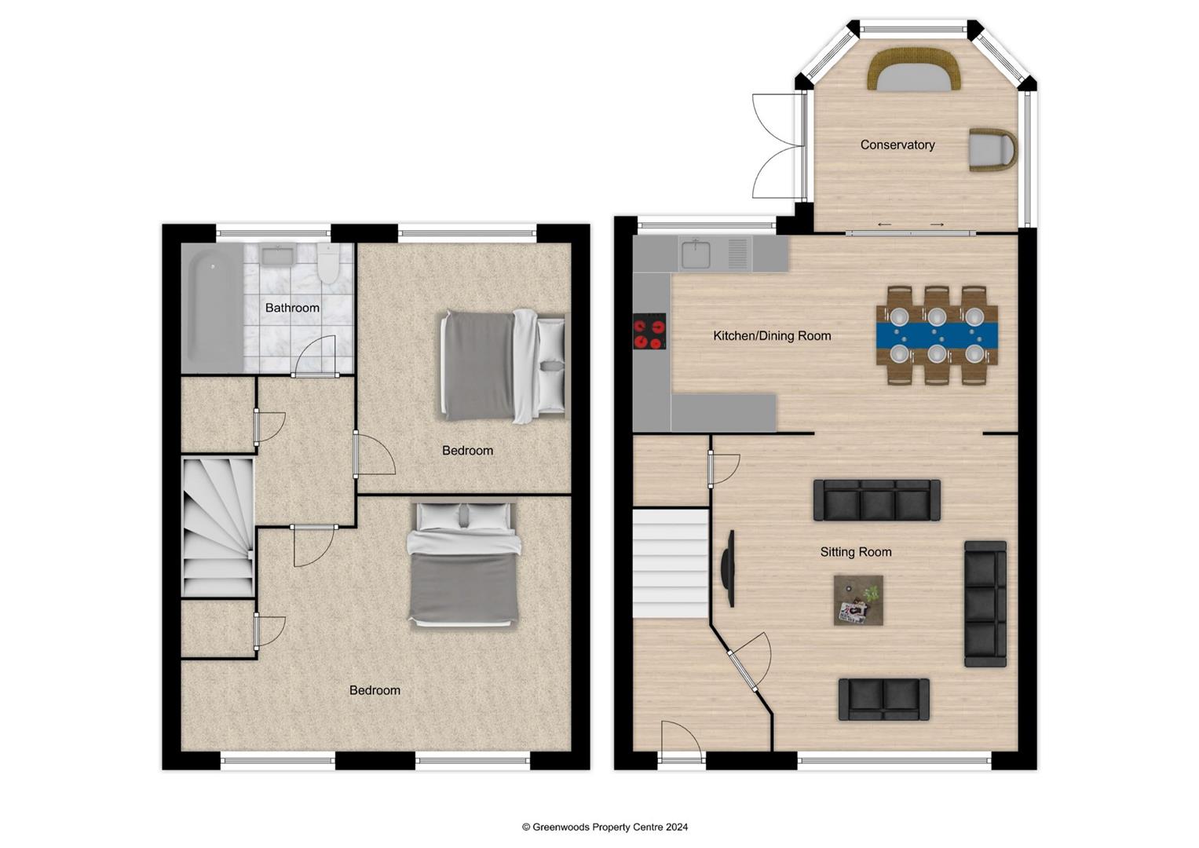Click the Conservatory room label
coord(897,144)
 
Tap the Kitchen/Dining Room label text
coord(771,335)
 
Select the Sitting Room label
coord(855,552)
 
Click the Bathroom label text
coord(292,308)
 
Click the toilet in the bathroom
coord(328,263)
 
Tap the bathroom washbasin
coord(276,255)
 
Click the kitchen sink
coord(696,254)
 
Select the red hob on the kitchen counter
coord(649,331)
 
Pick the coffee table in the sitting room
coord(858,601)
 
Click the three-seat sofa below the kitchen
coord(876,500)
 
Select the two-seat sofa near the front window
coord(883,699)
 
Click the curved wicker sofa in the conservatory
coord(914,69)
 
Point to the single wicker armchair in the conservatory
coord(992,149)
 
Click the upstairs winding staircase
coord(218,528)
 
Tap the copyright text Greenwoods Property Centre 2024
coord(605,827)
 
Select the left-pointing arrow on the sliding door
coord(884,225)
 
